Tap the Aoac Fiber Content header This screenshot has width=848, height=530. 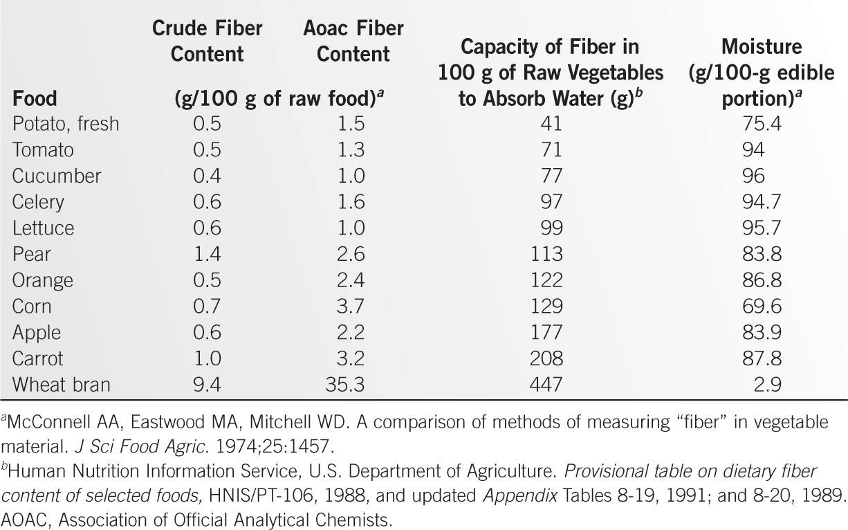[353, 42]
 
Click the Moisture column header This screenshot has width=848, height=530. [761, 72]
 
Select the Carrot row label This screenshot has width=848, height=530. [38, 358]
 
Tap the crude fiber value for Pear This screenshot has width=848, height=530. [207, 254]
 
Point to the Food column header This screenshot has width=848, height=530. [35, 98]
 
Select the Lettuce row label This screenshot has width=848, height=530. [43, 228]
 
